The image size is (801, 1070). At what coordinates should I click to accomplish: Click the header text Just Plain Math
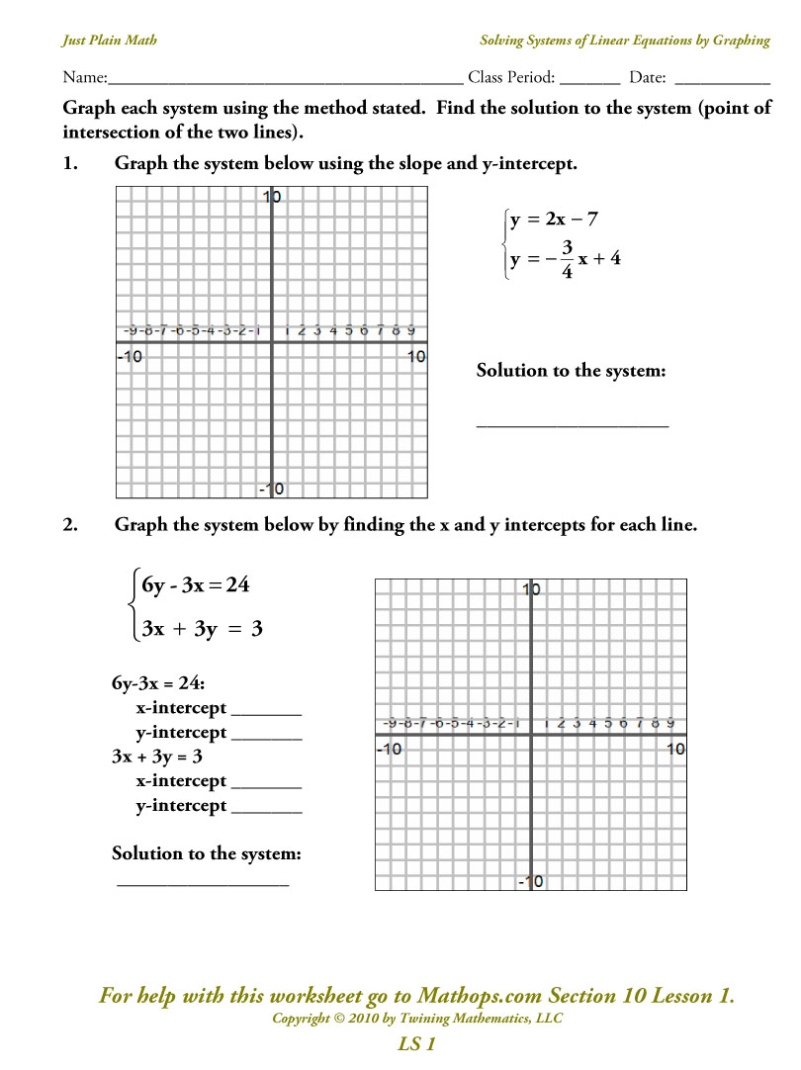109,41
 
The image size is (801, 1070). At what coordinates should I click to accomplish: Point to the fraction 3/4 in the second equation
567,260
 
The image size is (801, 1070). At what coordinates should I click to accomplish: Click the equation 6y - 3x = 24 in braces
195,585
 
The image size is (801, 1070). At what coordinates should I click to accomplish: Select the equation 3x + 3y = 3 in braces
201,629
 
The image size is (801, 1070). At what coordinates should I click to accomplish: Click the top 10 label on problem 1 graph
272,198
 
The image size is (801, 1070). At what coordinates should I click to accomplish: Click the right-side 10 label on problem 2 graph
675,750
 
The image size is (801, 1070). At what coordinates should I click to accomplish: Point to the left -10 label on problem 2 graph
390,750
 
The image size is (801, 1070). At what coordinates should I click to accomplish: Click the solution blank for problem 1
573,423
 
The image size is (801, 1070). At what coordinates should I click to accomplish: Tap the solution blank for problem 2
203,882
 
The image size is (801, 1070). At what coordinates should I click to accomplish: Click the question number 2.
69,526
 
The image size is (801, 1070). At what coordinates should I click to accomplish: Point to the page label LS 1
416,1043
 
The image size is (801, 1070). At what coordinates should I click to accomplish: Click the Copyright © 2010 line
416,1019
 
